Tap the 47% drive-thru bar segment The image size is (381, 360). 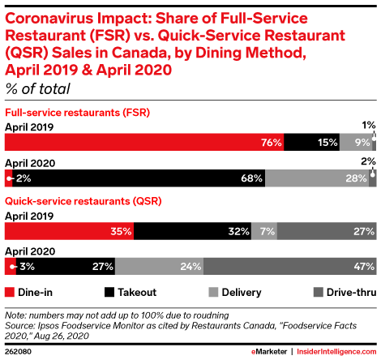click(290, 266)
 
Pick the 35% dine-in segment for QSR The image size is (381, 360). click(69, 232)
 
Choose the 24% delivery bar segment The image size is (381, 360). click(159, 266)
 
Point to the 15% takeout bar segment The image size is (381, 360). click(311, 143)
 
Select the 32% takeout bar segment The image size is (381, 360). click(194, 232)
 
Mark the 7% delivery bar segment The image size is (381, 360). click(267, 232)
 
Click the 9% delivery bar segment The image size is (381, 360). click(353, 143)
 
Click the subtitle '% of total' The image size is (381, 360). click(37, 88)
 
